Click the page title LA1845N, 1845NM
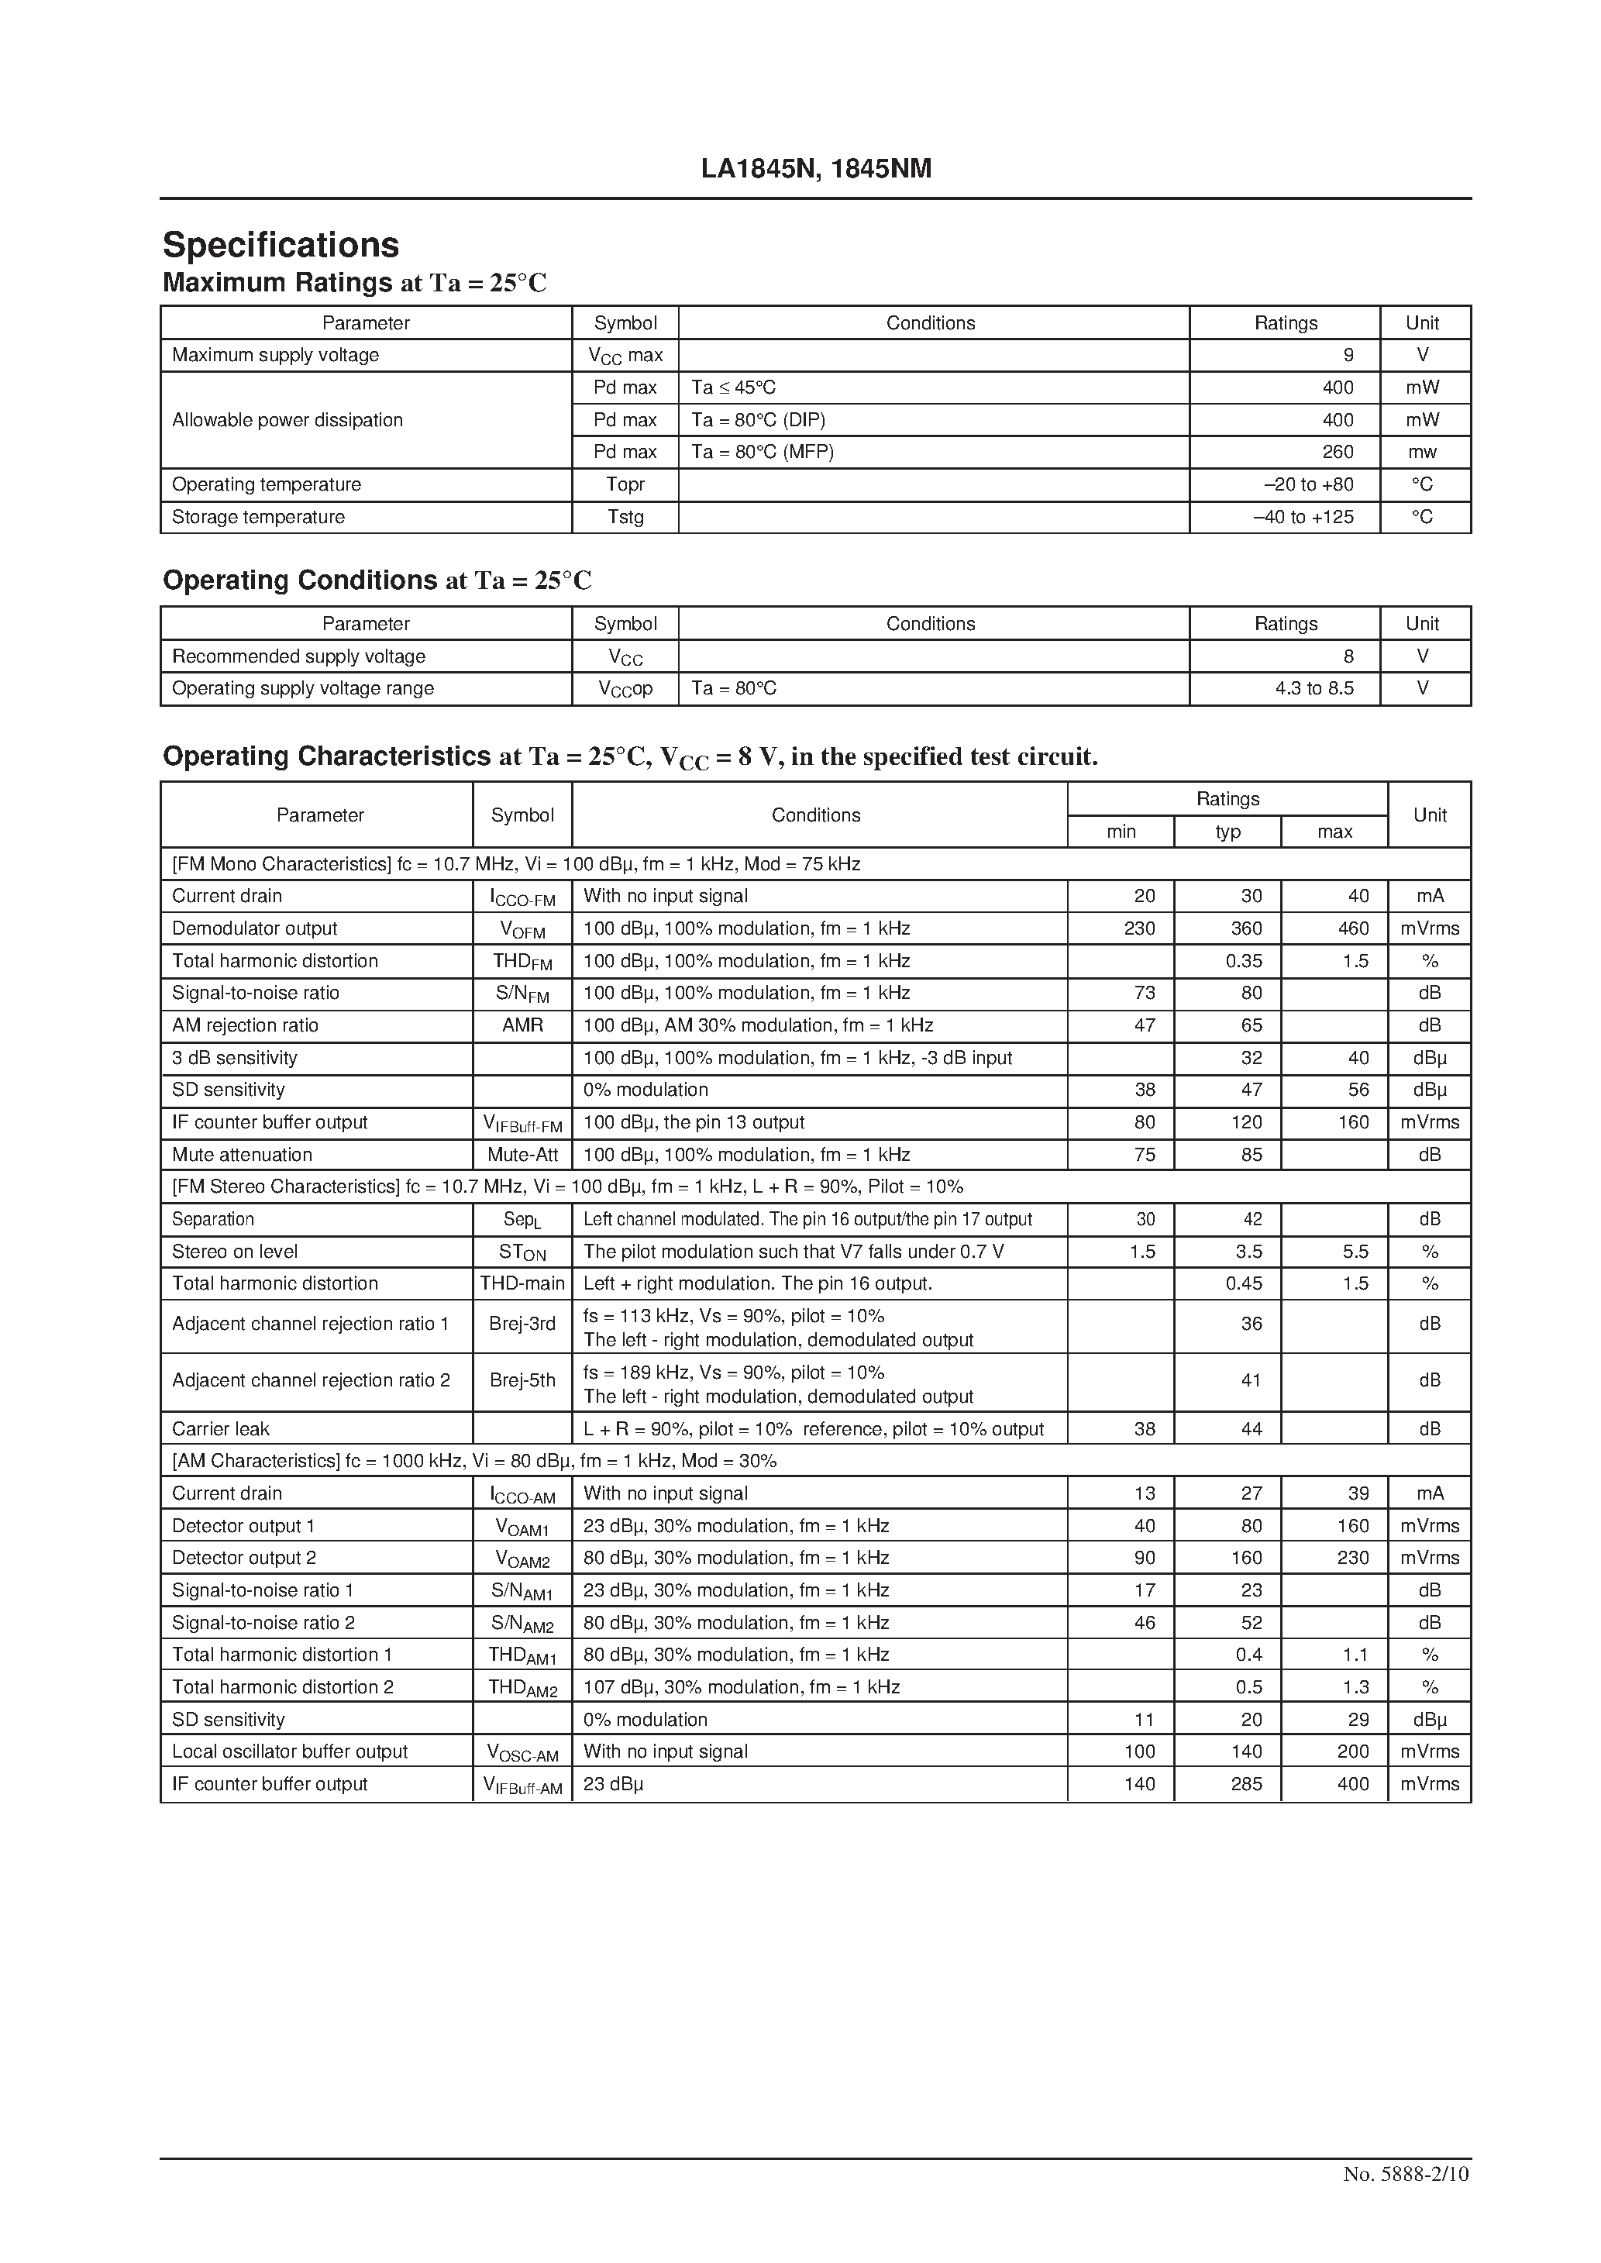point(815,170)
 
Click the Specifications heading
point(281,244)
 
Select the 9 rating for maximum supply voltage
point(1348,355)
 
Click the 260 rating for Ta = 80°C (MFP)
point(1337,451)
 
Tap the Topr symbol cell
point(625,484)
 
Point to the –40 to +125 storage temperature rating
point(1303,516)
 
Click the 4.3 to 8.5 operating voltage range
point(1314,688)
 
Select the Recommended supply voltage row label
point(298,656)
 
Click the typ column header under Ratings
point(1227,832)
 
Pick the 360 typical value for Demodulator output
point(1246,928)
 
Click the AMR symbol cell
point(522,1025)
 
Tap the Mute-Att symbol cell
point(522,1154)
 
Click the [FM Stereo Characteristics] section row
point(566,1187)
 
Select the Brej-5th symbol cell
point(522,1379)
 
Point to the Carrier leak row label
point(221,1428)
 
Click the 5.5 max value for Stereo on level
point(1355,1251)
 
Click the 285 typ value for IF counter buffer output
point(1246,1783)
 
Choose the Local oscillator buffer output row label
point(290,1751)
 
